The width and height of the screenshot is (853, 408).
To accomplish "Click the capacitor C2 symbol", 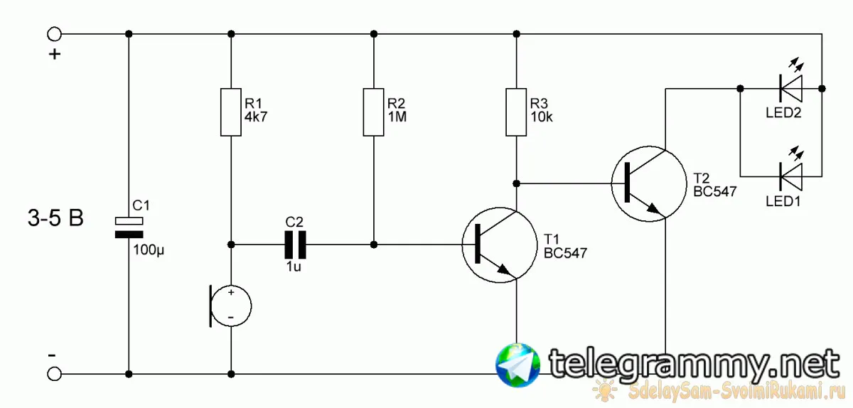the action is click(295, 245).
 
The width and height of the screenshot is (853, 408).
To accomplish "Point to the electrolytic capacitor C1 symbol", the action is click(129, 227).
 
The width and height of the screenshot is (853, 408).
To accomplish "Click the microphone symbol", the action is click(230, 306).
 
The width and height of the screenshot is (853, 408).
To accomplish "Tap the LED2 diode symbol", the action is click(790, 88).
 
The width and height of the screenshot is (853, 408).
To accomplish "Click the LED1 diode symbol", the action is click(790, 176).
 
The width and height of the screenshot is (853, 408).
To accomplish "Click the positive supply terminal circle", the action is click(54, 34).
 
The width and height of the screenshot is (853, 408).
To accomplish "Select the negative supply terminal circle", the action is click(54, 374).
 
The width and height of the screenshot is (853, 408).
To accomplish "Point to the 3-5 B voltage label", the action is click(55, 218).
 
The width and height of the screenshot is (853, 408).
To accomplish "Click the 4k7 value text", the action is click(256, 117).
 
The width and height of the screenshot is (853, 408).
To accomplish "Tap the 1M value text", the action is click(397, 117).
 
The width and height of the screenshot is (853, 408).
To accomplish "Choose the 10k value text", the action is click(542, 117).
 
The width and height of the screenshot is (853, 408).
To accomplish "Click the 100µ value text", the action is click(149, 250).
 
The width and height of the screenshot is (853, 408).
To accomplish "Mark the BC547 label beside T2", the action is click(715, 192).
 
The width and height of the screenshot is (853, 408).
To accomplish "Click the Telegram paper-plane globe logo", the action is click(517, 365).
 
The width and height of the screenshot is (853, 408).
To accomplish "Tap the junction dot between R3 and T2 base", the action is click(516, 183).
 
